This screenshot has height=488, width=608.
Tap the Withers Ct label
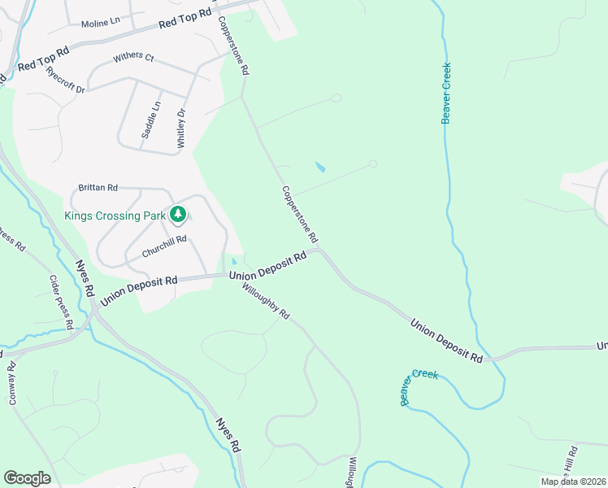click(x=133, y=57)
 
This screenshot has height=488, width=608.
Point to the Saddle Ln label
click(x=152, y=120)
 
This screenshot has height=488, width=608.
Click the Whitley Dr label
click(x=182, y=129)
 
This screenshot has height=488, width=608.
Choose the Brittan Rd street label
click(x=98, y=188)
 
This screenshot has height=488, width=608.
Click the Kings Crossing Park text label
click(x=113, y=216)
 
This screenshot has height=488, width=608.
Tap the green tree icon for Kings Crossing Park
click(x=177, y=215)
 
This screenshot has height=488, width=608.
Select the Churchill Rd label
click(x=164, y=246)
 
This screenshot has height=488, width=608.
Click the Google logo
click(x=27, y=478)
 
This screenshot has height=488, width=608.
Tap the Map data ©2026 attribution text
click(x=573, y=481)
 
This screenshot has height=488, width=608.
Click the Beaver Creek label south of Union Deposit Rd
click(x=419, y=387)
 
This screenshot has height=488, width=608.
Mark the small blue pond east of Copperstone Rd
click(x=320, y=168)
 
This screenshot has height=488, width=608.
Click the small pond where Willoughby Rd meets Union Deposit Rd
click(x=234, y=262)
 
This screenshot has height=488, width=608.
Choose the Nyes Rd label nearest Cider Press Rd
click(x=85, y=277)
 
